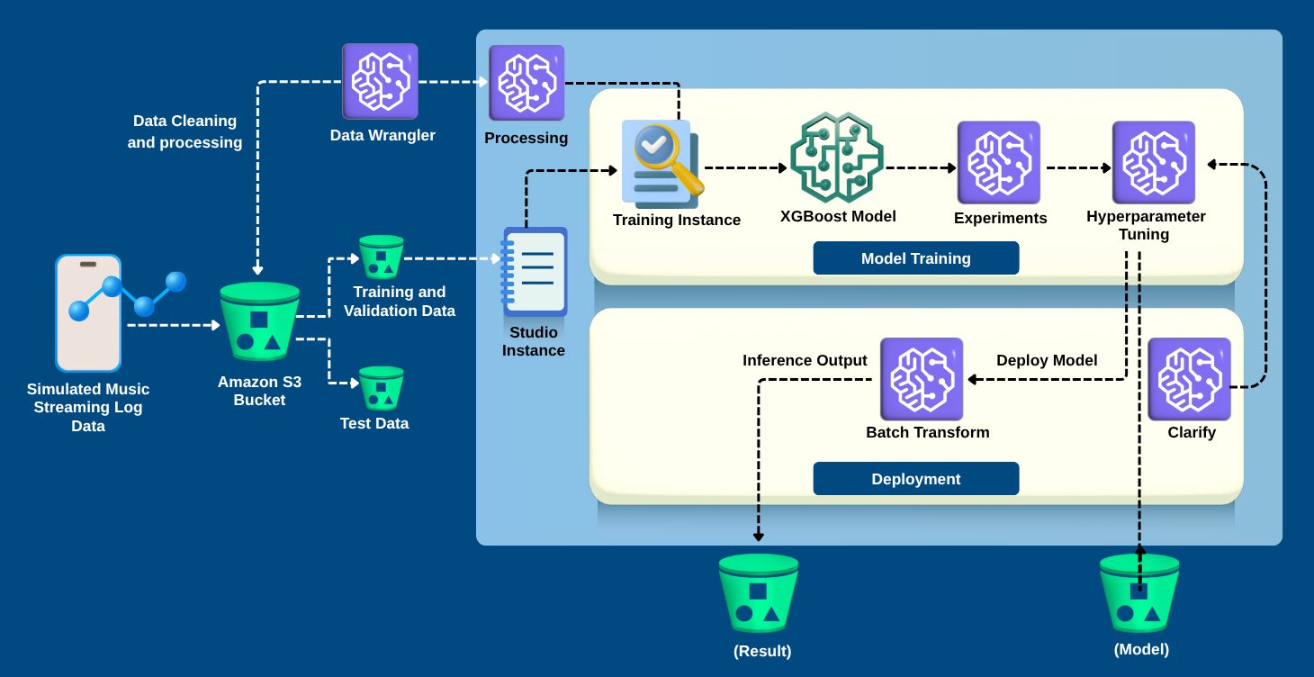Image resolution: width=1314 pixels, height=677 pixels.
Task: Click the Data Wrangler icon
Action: (380, 82)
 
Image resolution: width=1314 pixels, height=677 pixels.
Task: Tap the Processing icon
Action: (526, 84)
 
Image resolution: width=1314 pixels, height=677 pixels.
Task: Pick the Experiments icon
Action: (998, 162)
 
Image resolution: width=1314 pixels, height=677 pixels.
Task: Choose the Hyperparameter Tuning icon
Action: (1153, 162)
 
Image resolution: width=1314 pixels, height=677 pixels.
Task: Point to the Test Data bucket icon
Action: (382, 388)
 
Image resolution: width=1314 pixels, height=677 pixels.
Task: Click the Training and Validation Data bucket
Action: (382, 257)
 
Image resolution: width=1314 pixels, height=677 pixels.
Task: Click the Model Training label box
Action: (915, 258)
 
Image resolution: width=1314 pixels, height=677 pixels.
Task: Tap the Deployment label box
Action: (915, 479)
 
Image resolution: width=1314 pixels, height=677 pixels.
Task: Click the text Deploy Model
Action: (1047, 360)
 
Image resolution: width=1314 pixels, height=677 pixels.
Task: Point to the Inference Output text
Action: (805, 360)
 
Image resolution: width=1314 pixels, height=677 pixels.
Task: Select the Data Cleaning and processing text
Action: (184, 131)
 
